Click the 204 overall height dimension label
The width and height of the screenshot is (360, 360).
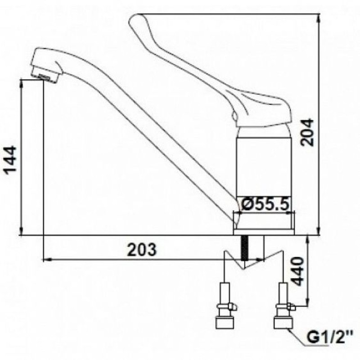307,132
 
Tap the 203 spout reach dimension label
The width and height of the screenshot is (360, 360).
142,250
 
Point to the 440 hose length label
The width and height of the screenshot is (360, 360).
298,271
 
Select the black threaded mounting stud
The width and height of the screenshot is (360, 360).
245,248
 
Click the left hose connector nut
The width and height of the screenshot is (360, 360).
225,322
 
